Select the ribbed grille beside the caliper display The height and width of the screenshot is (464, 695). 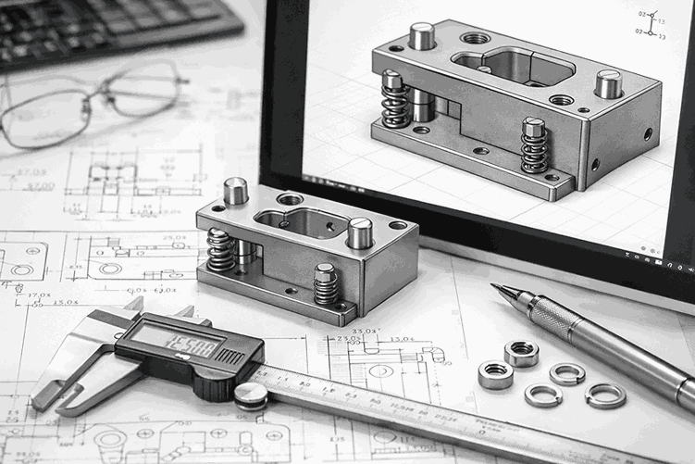coord(230,357)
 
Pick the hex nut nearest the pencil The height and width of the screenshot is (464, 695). coord(522,353)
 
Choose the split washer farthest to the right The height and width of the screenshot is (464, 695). coord(605,395)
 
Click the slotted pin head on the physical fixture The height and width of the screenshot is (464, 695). coord(359,233)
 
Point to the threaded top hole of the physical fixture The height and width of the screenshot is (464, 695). coord(290,198)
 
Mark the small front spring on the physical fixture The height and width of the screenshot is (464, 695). coord(326,284)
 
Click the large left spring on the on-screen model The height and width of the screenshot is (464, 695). coord(395,100)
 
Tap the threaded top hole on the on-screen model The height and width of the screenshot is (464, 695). coord(476,39)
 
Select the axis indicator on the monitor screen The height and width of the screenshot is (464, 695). coord(651,23)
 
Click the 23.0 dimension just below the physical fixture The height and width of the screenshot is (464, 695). coord(348,338)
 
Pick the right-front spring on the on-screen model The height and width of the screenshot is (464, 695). coord(534,145)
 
